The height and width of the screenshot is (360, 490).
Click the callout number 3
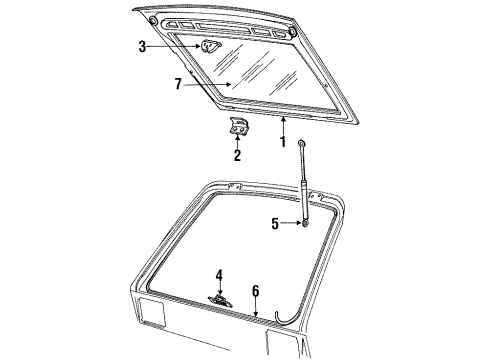[143, 46]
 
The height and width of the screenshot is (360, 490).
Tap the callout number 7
[178, 84]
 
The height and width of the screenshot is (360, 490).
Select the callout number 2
[237, 156]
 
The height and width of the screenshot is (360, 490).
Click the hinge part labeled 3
[210, 45]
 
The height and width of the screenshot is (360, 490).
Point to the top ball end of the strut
[301, 145]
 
